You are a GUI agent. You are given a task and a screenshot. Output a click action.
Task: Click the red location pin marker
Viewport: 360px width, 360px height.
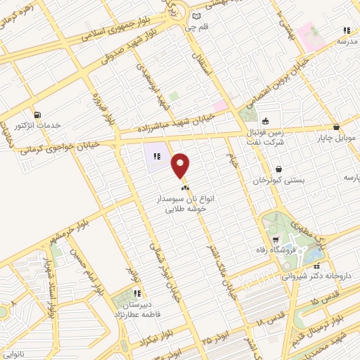(181, 166)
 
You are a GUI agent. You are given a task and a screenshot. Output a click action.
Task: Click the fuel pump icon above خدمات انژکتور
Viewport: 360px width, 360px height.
(36, 115)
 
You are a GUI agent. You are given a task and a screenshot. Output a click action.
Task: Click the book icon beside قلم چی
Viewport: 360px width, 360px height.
(195, 15)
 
